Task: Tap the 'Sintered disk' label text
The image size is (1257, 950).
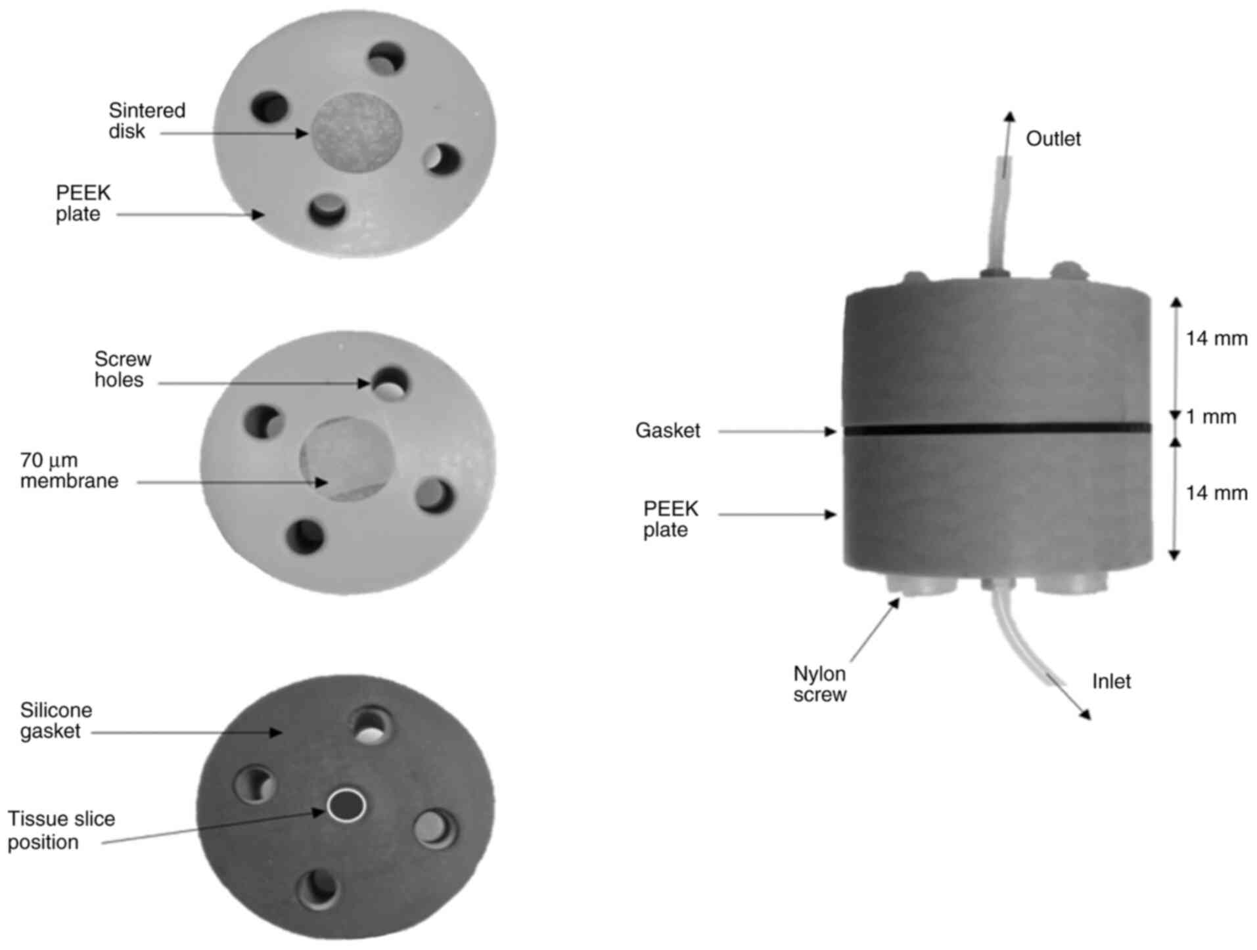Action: tap(147, 120)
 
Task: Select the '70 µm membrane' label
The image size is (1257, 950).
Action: tap(69, 470)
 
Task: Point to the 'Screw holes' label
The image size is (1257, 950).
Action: tap(123, 370)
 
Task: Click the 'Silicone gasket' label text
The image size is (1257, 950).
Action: tap(56, 720)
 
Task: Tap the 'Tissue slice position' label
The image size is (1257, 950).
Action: tap(61, 831)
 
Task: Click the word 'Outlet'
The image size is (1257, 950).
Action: tap(1053, 139)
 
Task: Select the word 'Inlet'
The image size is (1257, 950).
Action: tap(1111, 681)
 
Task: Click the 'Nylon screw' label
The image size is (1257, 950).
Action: tap(819, 684)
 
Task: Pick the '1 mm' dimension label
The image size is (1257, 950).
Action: tap(1211, 417)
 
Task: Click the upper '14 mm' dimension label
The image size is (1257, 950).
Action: tap(1216, 339)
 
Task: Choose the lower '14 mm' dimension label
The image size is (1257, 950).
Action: tap(1216, 493)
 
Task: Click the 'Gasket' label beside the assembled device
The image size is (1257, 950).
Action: tap(668, 431)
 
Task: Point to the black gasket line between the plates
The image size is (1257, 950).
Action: tap(997, 429)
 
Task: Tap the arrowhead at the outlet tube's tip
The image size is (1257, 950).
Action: tap(1009, 117)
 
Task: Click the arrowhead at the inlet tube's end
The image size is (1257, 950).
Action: tap(1084, 714)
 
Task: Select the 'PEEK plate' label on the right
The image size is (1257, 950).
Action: tap(670, 519)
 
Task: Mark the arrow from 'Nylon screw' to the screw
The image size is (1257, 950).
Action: tap(875, 630)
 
